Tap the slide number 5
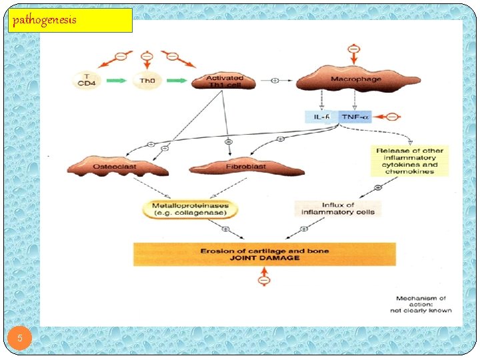pos(20,339)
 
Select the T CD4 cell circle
pos(84,81)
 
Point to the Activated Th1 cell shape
pos(224,81)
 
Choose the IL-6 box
pos(321,117)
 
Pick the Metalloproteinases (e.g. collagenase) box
pos(190,209)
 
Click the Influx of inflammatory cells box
pos(338,209)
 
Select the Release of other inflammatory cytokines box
pos(409,161)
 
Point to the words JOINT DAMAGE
pos(265,258)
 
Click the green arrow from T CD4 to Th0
pos(116,81)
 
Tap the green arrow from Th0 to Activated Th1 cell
pos(175,81)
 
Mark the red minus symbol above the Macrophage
pos(354,49)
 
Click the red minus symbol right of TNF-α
pos(392,117)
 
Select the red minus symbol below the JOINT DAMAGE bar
pos(264,281)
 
